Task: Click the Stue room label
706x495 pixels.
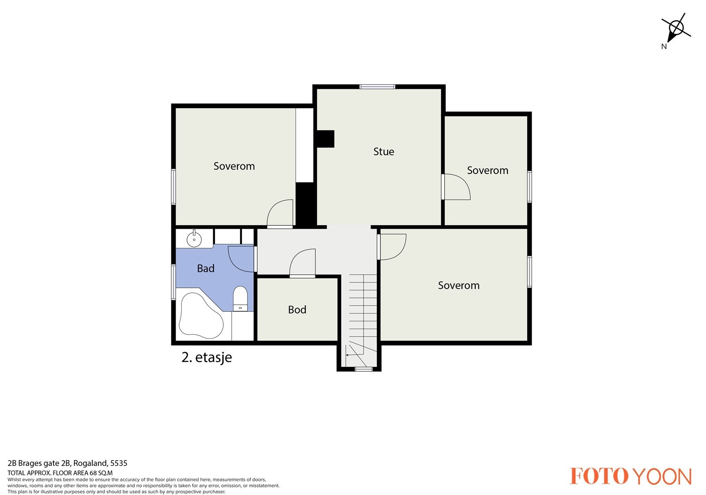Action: (x=383, y=151)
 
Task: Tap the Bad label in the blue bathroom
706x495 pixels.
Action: (x=206, y=268)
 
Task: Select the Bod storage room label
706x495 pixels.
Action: (x=297, y=310)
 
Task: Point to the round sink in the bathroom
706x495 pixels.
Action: (x=194, y=239)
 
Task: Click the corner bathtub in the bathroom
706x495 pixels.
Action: (x=201, y=316)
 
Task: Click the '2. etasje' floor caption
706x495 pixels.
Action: (x=207, y=357)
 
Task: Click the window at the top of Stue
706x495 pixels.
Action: (x=377, y=87)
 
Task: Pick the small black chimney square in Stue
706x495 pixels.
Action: (x=325, y=139)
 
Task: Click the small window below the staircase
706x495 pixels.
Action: (x=364, y=369)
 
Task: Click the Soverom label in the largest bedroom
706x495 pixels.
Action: (x=458, y=285)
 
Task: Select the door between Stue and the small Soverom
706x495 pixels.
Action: (x=456, y=186)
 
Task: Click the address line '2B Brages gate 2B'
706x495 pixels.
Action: (x=38, y=463)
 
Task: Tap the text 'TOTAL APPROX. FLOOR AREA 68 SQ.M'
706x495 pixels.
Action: (x=60, y=473)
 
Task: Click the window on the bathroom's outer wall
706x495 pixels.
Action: (x=173, y=282)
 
